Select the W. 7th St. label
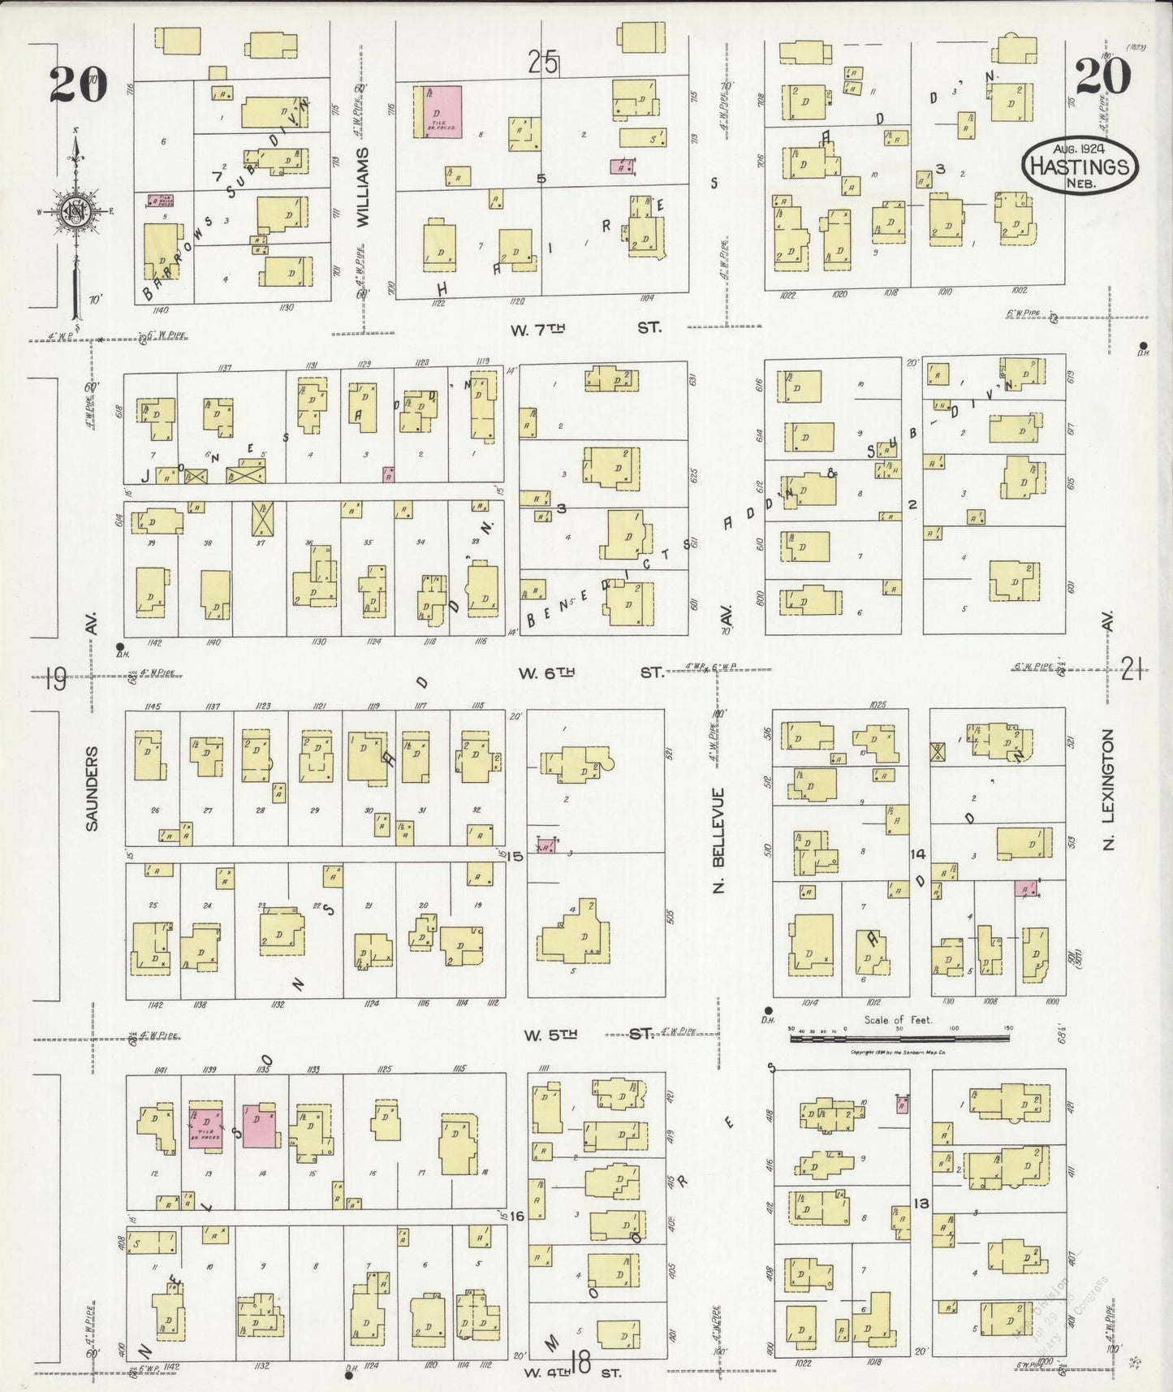(585, 327)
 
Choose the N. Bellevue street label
(718, 841)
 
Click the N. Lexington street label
(1109, 789)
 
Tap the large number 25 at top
(543, 62)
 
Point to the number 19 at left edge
(55, 677)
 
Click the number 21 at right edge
(1132, 669)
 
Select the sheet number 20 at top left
(78, 83)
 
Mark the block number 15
(516, 856)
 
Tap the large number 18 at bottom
(580, 1363)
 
